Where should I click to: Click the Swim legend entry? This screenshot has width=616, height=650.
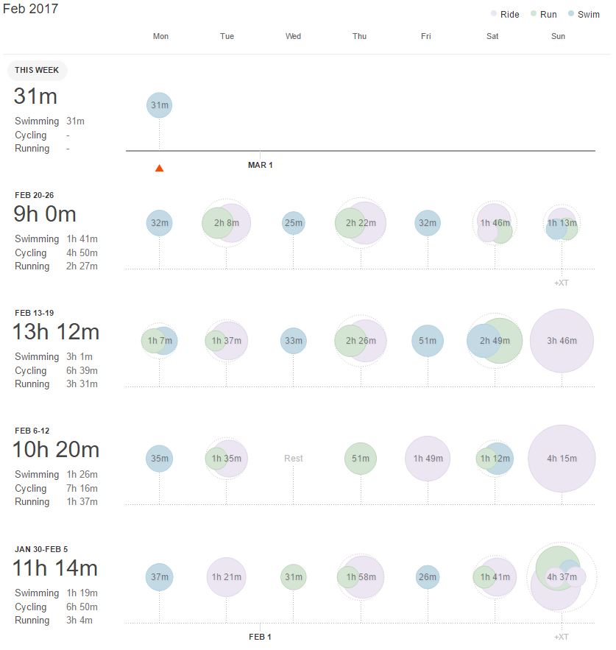click(588, 14)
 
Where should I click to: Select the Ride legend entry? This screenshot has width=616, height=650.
click(509, 14)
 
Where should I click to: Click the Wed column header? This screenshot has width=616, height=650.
click(293, 36)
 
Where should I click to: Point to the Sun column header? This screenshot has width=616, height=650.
click(559, 36)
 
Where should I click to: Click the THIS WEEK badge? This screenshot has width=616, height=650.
click(38, 71)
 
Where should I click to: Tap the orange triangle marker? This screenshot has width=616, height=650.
click(159, 168)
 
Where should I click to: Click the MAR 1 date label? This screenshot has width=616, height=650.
click(260, 165)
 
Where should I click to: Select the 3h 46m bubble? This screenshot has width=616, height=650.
click(562, 341)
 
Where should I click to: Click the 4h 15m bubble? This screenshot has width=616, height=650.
click(562, 459)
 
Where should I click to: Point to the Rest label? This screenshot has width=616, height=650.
click(294, 459)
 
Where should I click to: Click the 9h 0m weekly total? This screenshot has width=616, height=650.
click(45, 214)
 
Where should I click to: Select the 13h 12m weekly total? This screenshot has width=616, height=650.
click(56, 332)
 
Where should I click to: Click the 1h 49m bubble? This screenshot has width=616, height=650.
click(428, 459)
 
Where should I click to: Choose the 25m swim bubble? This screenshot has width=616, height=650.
click(293, 223)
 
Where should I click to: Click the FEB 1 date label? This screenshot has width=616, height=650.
click(261, 637)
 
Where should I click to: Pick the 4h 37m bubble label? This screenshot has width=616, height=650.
click(562, 577)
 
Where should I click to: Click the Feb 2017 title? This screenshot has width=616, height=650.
click(30, 10)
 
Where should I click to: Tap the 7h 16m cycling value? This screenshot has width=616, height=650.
click(82, 488)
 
